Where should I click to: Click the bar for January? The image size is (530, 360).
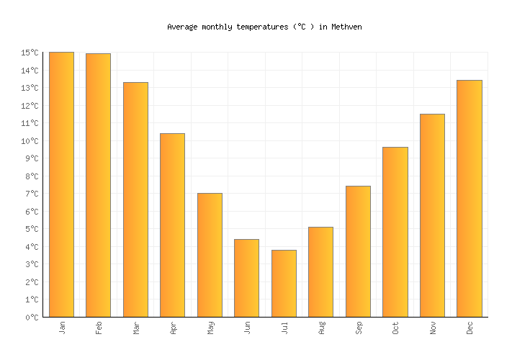61,184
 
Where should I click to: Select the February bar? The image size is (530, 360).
98,185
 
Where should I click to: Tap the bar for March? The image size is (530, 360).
135,199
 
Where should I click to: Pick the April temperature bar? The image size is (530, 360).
172,225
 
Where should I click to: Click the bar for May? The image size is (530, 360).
210,255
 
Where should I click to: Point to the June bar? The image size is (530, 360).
246,278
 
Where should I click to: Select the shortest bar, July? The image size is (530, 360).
284,283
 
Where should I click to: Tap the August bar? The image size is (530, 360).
320,271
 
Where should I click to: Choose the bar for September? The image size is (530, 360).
358,251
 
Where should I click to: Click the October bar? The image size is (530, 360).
395,232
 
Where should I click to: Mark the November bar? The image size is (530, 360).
432,215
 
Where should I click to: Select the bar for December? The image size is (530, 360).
469,198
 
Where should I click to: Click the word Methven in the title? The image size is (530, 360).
346,27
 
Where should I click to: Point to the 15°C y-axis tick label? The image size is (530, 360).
30,53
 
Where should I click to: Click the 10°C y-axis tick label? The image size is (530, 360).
30,141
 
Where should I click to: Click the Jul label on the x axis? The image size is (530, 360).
284,328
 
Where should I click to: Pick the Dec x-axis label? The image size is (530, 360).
470,328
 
